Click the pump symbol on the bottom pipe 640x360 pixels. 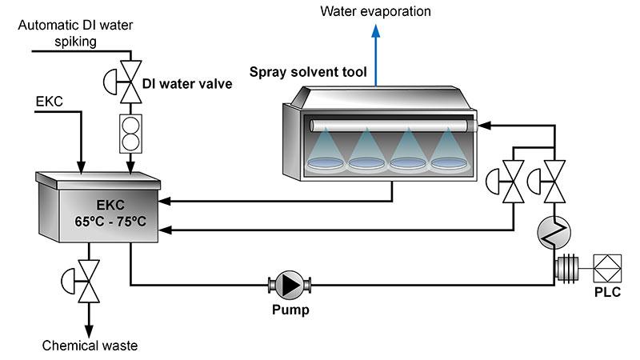tap(290, 283)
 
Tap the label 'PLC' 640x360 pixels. tap(607, 292)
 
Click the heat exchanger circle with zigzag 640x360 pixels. tap(552, 230)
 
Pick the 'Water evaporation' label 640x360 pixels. tap(375, 11)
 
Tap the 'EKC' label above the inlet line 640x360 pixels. tap(50, 102)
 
